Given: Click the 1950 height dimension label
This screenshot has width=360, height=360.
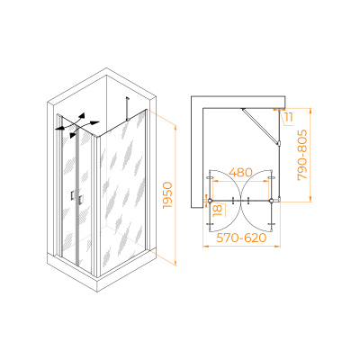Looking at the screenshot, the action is [167, 195].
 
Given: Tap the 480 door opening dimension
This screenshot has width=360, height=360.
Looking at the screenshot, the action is [240, 173].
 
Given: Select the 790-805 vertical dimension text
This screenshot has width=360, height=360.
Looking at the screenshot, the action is [302, 155].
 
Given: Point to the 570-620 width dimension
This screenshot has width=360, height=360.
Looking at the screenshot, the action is [241, 238].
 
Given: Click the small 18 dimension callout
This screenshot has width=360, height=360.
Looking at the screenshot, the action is [218, 210].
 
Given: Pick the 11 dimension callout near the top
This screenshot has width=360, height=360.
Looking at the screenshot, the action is [289, 117].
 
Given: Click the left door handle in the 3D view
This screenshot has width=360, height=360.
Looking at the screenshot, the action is [72, 195].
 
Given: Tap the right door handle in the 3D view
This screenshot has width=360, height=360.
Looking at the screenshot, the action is [81, 200].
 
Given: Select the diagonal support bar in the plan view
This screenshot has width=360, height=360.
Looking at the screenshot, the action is [261, 126].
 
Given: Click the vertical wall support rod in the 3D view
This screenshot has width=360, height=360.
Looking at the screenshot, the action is [128, 108].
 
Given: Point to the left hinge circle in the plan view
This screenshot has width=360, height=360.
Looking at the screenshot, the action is [210, 201].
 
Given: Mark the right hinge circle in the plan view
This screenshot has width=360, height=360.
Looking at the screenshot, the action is [272, 201].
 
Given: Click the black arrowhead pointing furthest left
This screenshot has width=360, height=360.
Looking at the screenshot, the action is [59, 129].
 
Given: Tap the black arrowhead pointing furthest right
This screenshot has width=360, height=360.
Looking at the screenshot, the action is [94, 122].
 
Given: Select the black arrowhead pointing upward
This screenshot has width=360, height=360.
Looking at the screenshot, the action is [82, 116].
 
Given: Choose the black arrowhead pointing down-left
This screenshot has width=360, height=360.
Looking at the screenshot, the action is [72, 135].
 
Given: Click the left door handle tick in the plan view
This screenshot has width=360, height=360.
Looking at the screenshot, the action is [233, 201].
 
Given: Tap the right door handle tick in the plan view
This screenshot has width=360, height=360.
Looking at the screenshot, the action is [248, 201].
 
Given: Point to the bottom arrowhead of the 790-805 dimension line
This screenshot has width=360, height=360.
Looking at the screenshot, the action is [310, 199].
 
